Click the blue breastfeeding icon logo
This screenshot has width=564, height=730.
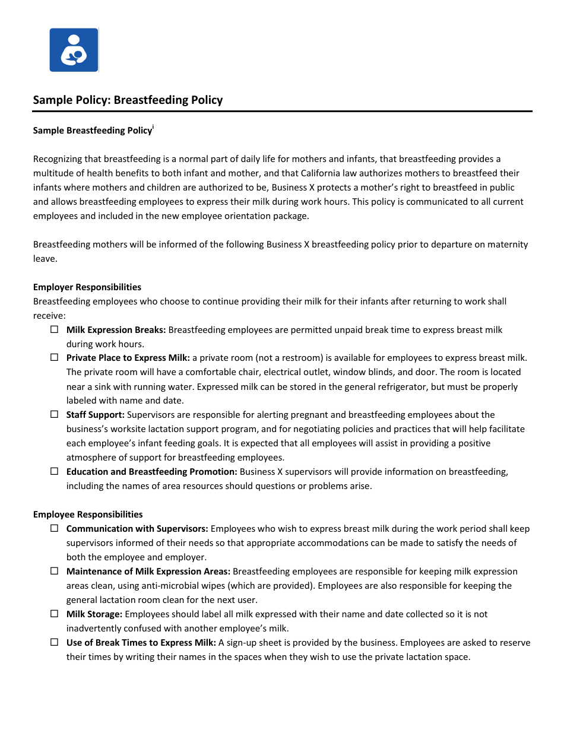[x=74, y=50]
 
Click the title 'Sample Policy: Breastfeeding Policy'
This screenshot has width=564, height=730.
[x=128, y=100]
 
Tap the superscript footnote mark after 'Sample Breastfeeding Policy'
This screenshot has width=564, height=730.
[x=153, y=127]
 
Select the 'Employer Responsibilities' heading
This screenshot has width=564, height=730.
[x=87, y=287]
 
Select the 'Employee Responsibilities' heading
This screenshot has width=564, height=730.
[x=88, y=515]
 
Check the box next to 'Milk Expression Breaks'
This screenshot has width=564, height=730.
[x=54, y=329]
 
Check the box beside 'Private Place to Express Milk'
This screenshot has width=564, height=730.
[x=54, y=357]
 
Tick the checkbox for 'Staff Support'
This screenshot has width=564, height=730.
[x=54, y=414]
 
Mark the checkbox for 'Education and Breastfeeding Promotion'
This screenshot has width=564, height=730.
[x=54, y=471]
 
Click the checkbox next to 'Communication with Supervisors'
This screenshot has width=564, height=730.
[x=54, y=528]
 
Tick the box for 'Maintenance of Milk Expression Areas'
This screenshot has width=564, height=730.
[x=54, y=571]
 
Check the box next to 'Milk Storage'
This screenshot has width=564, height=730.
[x=54, y=614]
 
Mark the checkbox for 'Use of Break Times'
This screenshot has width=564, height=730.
[x=54, y=642]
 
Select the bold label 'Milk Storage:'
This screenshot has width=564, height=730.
[x=94, y=614]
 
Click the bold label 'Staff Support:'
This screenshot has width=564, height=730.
[x=95, y=415]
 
